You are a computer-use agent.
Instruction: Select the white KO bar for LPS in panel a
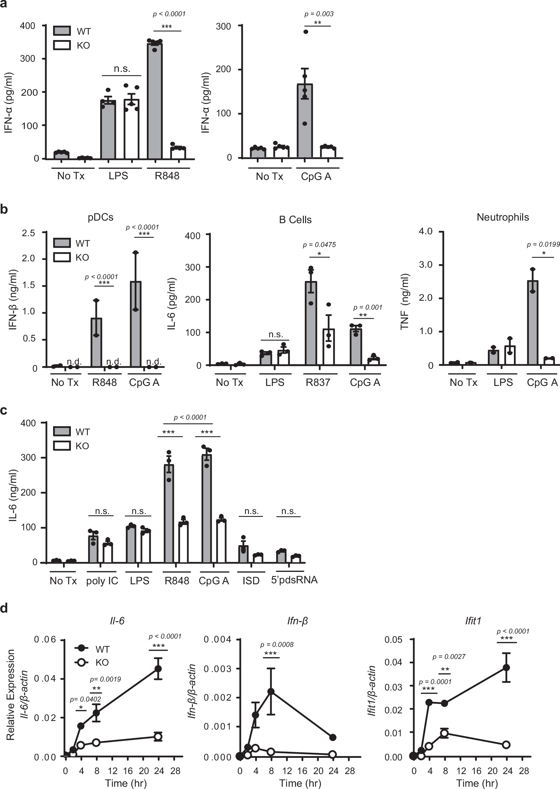coord(131,129)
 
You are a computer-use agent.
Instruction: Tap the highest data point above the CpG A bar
coord(305,32)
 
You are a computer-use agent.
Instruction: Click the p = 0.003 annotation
coord(319,14)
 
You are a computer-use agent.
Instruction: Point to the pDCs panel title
coord(100,217)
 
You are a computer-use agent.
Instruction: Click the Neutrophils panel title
coord(502,217)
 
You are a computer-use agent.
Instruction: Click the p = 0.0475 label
coord(319,245)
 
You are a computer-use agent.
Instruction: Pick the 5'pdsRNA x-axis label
coord(294,580)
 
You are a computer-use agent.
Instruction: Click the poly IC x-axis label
coord(102,581)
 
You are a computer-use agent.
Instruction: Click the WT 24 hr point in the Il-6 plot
coord(158,669)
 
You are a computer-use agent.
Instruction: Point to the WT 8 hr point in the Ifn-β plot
coord(271,691)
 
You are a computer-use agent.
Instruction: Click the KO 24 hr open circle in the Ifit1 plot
coord(506,744)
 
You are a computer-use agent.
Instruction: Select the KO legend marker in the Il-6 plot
coord(81,662)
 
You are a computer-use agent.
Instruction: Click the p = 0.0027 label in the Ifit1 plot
coord(449,657)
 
